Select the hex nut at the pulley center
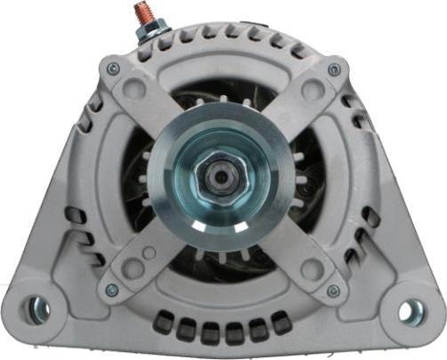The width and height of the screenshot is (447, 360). pyautogui.click(x=220, y=176)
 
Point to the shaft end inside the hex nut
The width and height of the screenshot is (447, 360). pyautogui.click(x=220, y=176)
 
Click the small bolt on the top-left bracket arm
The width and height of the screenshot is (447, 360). pyautogui.click(x=112, y=68)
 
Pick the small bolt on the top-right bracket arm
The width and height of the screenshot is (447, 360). pyautogui.click(x=333, y=69)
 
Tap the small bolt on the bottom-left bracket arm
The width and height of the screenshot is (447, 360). pyautogui.click(x=111, y=290)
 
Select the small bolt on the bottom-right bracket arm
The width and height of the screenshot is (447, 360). pyautogui.click(x=332, y=290)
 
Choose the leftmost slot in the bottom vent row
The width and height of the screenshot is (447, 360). pyautogui.click(x=164, y=324)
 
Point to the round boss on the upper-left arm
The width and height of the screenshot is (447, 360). pyautogui.click(x=134, y=90)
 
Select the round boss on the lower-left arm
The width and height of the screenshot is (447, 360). pyautogui.click(x=133, y=266)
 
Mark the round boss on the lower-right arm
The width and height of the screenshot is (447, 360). pyautogui.click(x=311, y=267)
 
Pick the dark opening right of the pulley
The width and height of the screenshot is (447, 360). pyautogui.click(x=307, y=178)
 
